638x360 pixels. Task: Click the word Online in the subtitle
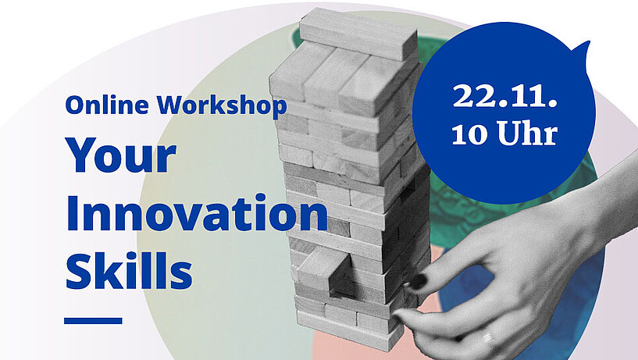coord(107,105)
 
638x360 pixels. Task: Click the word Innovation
coord(197,212)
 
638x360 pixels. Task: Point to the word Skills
coord(129,270)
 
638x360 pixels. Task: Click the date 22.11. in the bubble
coord(505,96)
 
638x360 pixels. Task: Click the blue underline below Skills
coord(93,320)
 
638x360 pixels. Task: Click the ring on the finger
coord(488,338)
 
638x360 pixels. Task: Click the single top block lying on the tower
coord(359,34)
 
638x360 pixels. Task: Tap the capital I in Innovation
coord(73,213)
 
